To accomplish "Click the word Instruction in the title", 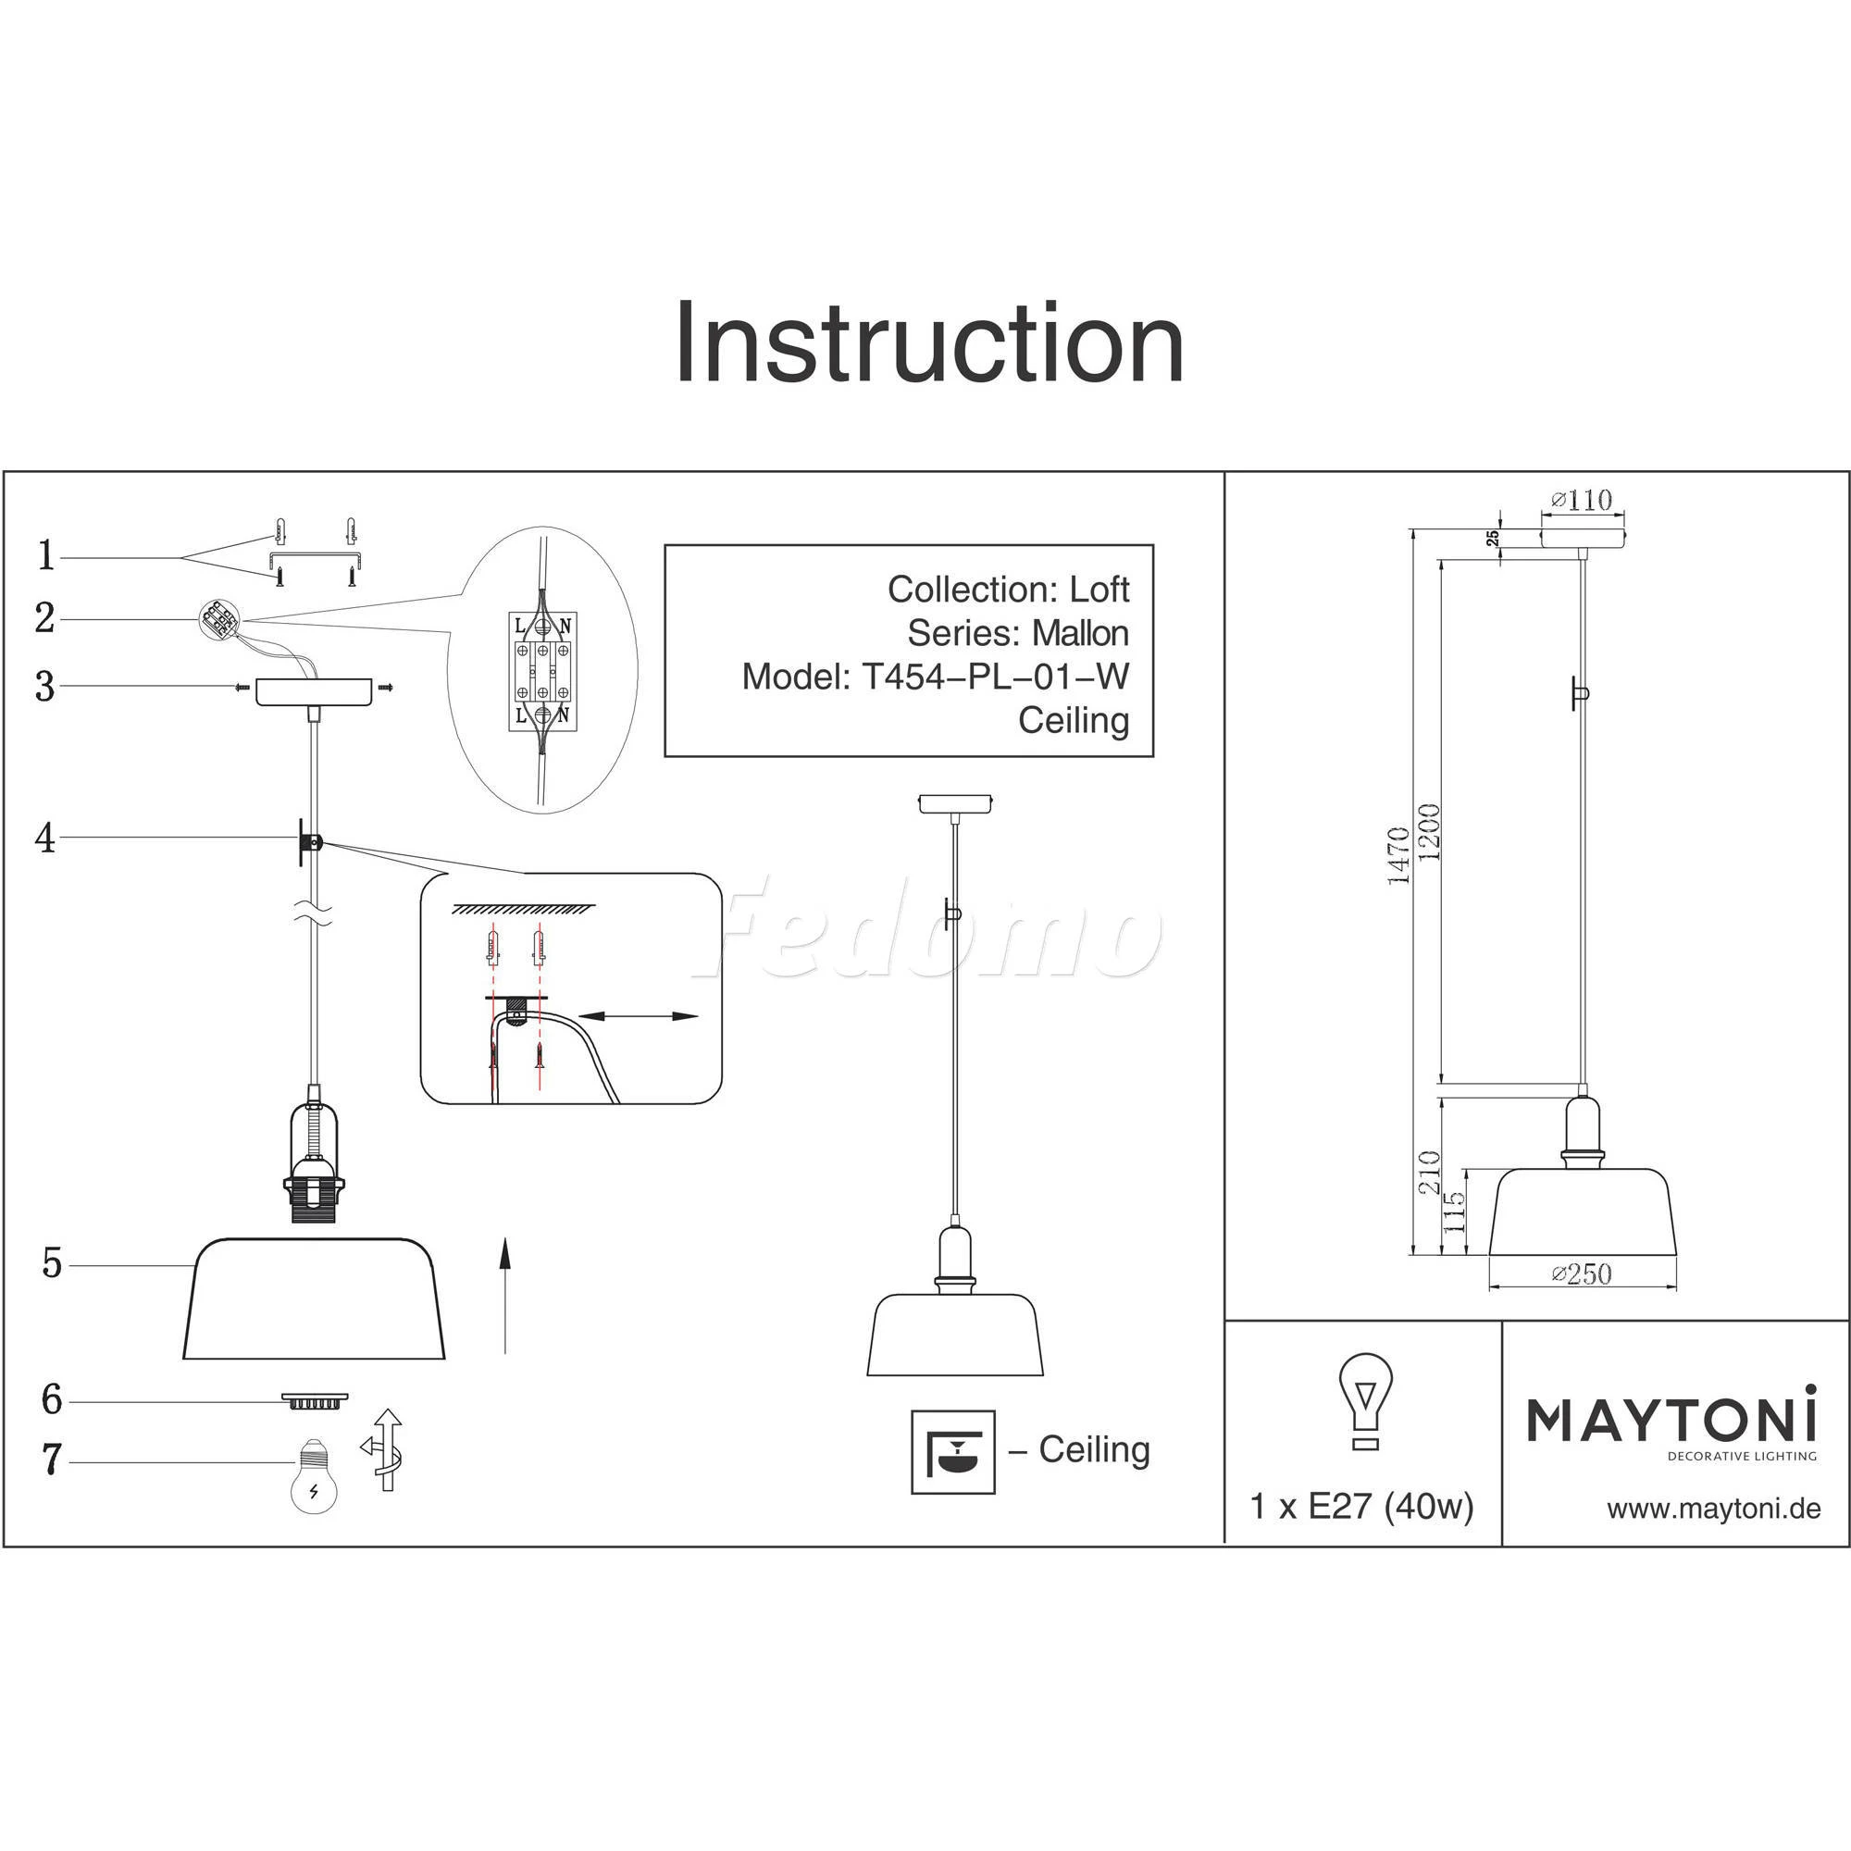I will coord(928,343).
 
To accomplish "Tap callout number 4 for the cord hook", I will coord(45,839).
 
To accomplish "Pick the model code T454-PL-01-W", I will coord(996,677).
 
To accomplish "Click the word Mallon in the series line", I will coord(1080,633).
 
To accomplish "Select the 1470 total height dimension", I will coord(1398,854).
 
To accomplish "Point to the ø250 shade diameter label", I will coord(1582,1273).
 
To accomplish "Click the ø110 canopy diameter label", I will coord(1582,500).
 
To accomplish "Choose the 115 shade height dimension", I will coord(1454,1211).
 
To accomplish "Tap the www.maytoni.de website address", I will coord(1713,1509).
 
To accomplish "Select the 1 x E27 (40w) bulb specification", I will coord(1361,1507).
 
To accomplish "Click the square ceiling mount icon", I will coord(952,1451).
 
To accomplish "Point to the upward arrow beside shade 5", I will coord(505,1295).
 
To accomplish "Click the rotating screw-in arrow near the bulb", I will coord(385,1448).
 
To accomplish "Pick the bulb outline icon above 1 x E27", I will coord(1365,1399).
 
